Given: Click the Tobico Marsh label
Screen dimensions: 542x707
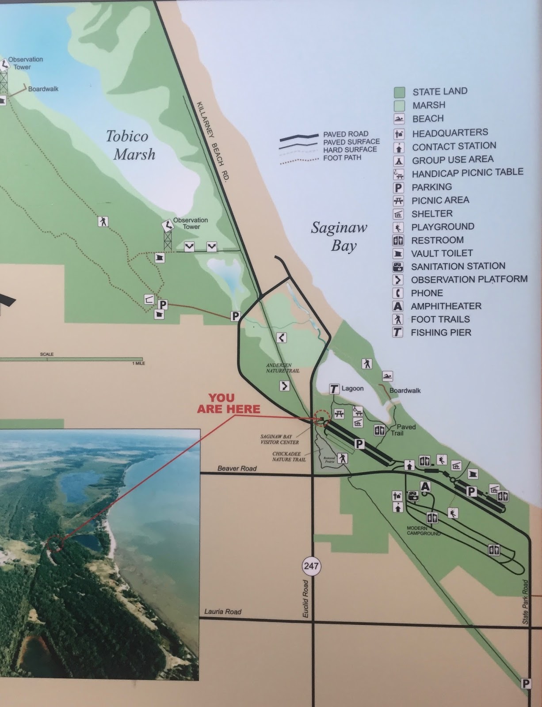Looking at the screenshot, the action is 131,145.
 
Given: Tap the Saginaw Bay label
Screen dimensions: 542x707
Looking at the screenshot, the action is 339,236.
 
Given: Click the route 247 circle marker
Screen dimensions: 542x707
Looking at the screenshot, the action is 311,566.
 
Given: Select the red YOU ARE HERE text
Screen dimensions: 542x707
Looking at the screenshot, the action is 229,403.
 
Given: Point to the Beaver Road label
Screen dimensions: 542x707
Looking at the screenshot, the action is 237,468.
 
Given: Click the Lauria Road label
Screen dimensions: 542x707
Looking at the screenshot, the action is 223,612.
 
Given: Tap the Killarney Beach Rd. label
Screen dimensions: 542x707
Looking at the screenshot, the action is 214,141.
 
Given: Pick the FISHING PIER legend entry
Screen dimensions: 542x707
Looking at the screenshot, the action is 441,332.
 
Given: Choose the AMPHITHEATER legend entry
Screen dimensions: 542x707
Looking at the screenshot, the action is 446,306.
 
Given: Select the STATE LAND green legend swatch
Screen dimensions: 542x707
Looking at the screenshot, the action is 399,92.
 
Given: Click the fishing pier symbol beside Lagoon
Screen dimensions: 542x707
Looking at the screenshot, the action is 334,389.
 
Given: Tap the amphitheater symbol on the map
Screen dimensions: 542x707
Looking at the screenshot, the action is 425,487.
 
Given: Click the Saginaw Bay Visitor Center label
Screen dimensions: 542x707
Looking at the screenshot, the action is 279,439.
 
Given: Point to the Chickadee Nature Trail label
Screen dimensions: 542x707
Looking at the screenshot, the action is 289,456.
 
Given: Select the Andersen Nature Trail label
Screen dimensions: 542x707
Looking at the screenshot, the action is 282,368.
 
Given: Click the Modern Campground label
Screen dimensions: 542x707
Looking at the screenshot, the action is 424,531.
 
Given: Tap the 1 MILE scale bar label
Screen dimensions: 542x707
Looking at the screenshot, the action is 138,363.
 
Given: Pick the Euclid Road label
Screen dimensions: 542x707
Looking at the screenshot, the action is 305,599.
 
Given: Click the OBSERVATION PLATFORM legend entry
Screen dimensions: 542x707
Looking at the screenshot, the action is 469,280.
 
